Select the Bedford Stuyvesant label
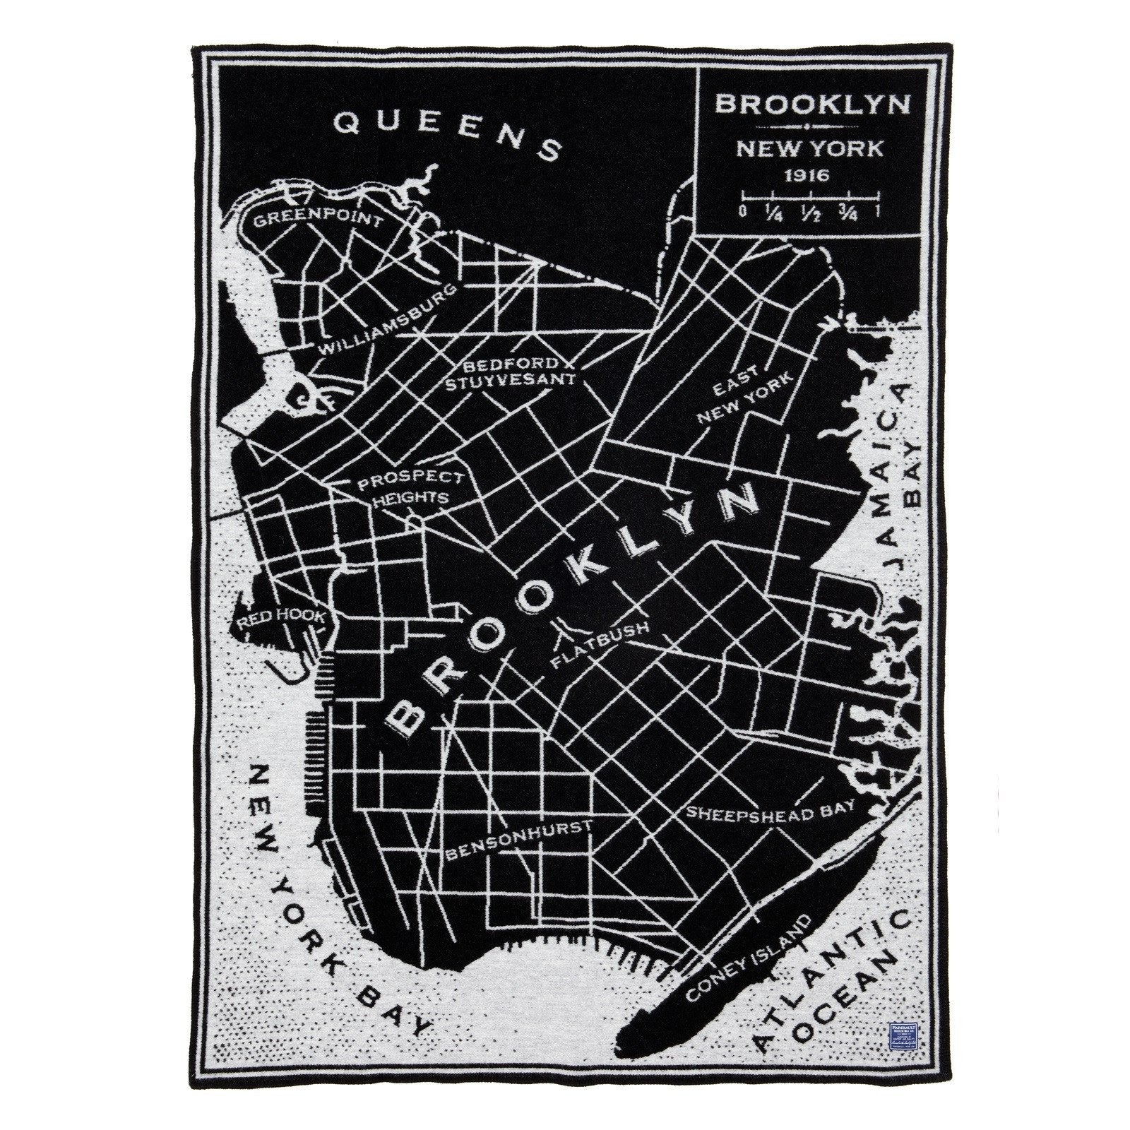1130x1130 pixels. pyautogui.click(x=519, y=373)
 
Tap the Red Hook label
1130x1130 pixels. pyautogui.click(x=282, y=619)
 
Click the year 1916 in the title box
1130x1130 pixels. pyautogui.click(x=810, y=174)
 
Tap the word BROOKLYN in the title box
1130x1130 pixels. pyautogui.click(x=811, y=104)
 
